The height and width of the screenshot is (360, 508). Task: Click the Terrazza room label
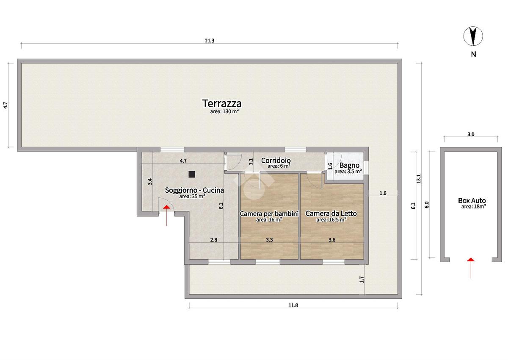pyautogui.click(x=222, y=104)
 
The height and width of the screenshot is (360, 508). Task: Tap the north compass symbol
pyautogui.click(x=473, y=36)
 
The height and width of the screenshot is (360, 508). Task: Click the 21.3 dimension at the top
pyautogui.click(x=209, y=41)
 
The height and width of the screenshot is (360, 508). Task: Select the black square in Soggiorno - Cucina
pyautogui.click(x=192, y=174)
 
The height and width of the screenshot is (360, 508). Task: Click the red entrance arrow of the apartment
pyautogui.click(x=166, y=216)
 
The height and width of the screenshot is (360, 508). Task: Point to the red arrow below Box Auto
pyautogui.click(x=471, y=268)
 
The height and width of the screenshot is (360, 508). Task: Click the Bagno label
pyautogui.click(x=350, y=165)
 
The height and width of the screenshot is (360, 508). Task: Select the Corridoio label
pyautogui.click(x=276, y=161)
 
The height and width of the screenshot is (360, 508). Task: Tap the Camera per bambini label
pyautogui.click(x=269, y=213)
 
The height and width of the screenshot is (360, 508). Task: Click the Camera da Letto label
pyautogui.click(x=331, y=213)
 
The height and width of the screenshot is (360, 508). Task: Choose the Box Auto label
pyautogui.click(x=472, y=200)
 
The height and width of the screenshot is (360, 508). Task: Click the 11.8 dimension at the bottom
pyautogui.click(x=293, y=305)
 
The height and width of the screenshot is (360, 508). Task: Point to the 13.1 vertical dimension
pyautogui.click(x=419, y=179)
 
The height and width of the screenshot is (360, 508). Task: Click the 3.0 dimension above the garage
pyautogui.click(x=471, y=134)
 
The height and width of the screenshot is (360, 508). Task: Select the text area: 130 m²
pyautogui.click(x=224, y=111)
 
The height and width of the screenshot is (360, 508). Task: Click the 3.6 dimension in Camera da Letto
pyautogui.click(x=332, y=240)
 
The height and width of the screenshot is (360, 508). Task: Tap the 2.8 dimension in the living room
pyautogui.click(x=214, y=240)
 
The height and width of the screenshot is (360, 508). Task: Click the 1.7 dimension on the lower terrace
pyautogui.click(x=362, y=280)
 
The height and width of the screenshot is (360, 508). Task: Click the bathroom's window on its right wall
pyautogui.click(x=366, y=168)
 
